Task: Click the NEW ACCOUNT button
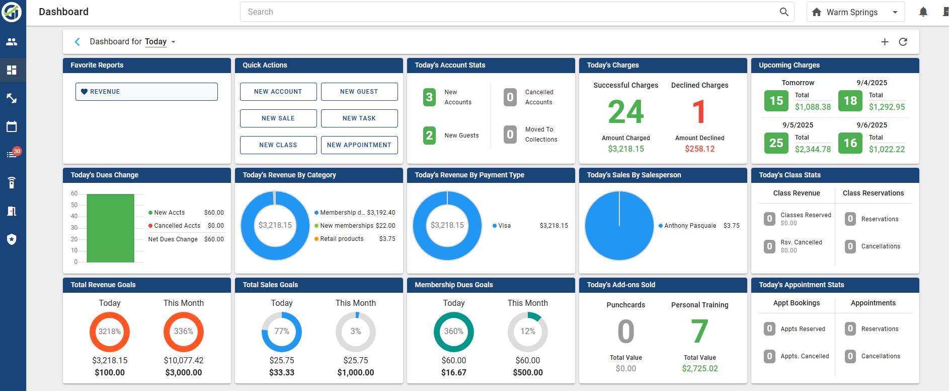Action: pos(278,92)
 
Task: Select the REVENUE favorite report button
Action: pos(146,92)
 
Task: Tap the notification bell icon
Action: pos(923,12)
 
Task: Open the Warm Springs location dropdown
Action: pos(855,12)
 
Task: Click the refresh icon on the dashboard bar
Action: pos(903,42)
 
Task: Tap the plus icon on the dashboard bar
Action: pos(885,42)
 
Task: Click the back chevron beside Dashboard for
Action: pos(77,42)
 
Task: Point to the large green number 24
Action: pos(625,111)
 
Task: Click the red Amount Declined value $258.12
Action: pos(700,149)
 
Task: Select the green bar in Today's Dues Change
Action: pos(110,228)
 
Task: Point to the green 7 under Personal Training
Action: pos(699,332)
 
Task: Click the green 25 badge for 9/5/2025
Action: pos(776,143)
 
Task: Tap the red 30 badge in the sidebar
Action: pos(17,151)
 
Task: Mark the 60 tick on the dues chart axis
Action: pos(74,193)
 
